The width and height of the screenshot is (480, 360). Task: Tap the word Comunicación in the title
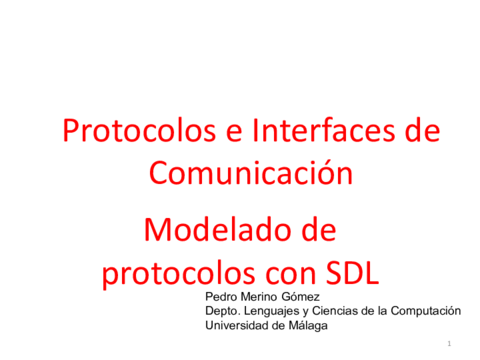(251, 172)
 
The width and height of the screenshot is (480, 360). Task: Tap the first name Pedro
(221, 297)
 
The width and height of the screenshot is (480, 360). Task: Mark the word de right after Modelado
(313, 230)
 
